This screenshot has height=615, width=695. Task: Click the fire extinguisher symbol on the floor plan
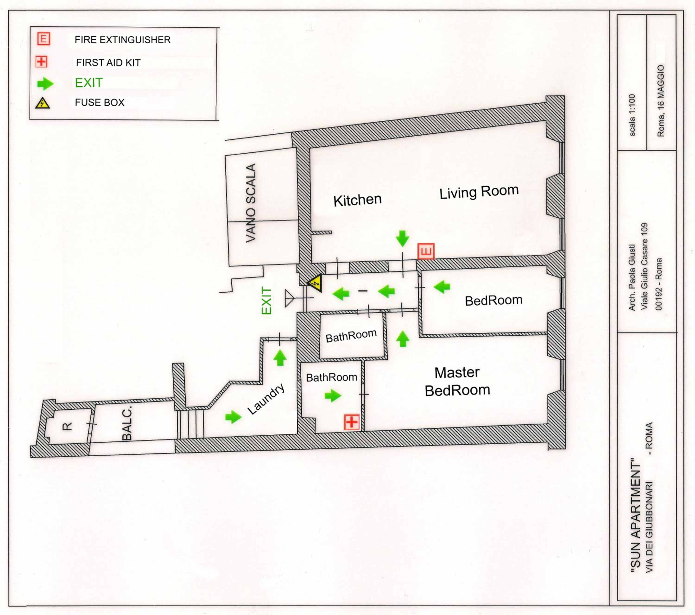(x=426, y=251)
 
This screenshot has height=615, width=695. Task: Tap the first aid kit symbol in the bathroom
(x=352, y=422)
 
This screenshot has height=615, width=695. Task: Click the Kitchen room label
(x=357, y=200)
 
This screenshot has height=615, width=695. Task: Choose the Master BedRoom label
(x=457, y=382)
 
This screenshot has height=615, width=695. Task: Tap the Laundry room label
(x=266, y=399)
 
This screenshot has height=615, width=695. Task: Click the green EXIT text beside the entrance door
(x=267, y=301)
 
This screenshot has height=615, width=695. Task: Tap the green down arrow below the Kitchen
(x=403, y=238)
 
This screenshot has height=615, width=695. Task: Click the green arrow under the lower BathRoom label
(x=332, y=395)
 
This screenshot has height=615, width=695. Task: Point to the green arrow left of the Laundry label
(x=233, y=417)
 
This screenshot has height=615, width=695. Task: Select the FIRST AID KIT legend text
(x=108, y=63)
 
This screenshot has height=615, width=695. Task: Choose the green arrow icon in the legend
(x=45, y=84)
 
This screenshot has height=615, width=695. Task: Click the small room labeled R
(x=67, y=427)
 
